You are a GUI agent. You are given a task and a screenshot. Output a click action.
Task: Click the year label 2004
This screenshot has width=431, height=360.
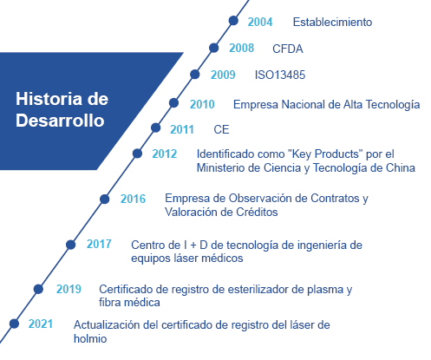click(x=260, y=22)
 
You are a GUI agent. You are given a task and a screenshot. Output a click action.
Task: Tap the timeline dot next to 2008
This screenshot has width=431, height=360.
click(x=213, y=48)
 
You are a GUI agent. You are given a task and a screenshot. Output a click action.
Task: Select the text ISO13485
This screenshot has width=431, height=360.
click(x=280, y=75)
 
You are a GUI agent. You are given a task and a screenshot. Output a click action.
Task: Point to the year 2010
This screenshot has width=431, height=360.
click(x=202, y=104)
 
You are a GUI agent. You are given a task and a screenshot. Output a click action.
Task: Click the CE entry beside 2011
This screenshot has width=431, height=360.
click(x=221, y=129)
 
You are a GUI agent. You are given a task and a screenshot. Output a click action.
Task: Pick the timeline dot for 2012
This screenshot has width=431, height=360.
click(x=137, y=154)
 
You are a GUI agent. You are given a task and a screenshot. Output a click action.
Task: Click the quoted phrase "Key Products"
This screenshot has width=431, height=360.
click(x=326, y=154)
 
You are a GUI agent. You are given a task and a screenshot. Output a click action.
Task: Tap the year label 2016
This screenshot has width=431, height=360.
click(x=133, y=199)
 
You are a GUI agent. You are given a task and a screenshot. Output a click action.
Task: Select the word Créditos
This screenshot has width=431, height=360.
click(x=257, y=212)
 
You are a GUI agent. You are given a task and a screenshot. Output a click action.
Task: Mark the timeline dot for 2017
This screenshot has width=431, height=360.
click(x=70, y=245)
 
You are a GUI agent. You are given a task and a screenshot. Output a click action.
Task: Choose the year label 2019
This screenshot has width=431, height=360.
click(x=69, y=289)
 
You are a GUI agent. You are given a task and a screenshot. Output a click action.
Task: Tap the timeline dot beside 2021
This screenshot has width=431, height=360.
click(x=14, y=324)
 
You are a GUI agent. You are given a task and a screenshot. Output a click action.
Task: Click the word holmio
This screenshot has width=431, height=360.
click(x=90, y=338)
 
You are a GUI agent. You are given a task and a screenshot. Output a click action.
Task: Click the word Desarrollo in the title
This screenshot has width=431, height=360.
click(x=60, y=121)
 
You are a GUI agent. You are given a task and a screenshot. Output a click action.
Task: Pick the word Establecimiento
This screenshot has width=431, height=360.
click(x=332, y=22)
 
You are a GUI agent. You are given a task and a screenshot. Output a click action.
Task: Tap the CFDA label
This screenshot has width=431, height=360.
click(x=288, y=49)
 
